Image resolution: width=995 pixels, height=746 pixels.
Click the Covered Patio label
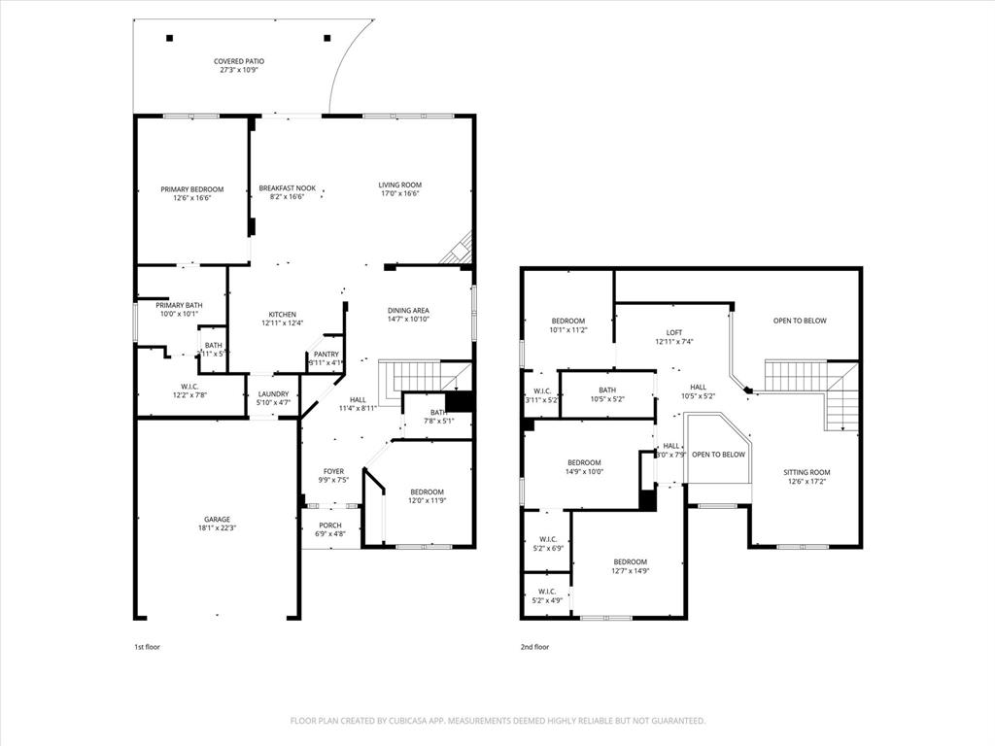coord(239,61)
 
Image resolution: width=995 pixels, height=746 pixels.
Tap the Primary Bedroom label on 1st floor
coord(192,189)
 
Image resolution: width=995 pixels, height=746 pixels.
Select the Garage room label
coord(217,519)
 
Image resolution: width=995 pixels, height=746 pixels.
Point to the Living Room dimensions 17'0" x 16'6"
coord(399,193)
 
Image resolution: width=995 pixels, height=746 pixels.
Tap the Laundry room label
coord(273,393)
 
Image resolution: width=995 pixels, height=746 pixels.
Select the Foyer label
coord(333,471)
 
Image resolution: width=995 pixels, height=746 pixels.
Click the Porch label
coord(330,525)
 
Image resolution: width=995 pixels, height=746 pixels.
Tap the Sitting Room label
coord(807,472)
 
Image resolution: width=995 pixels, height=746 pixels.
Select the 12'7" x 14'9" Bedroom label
coord(630,561)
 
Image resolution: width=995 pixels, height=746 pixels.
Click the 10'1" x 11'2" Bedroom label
coord(568,321)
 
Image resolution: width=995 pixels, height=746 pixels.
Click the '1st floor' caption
coord(147,647)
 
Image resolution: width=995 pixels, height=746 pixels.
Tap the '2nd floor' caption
coord(534,647)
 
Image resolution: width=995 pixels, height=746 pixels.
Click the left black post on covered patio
coord(169,39)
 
